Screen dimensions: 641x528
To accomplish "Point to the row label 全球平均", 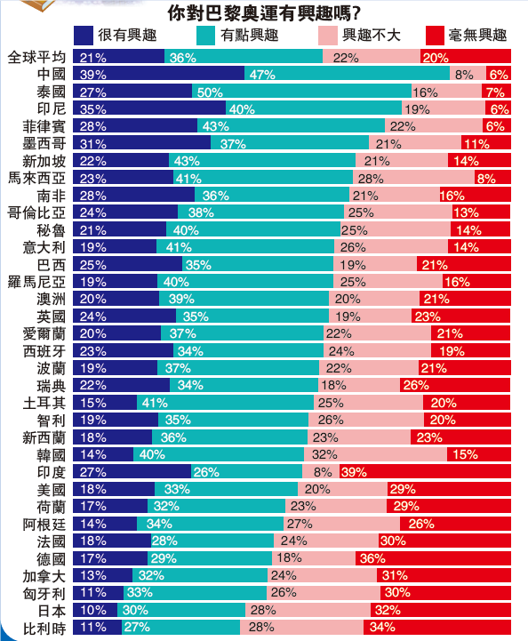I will (x=37, y=58).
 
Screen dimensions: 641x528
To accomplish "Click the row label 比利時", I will (x=44, y=627).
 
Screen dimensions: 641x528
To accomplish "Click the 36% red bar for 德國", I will (x=433, y=558).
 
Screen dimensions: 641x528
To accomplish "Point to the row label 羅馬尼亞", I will (x=37, y=282).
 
